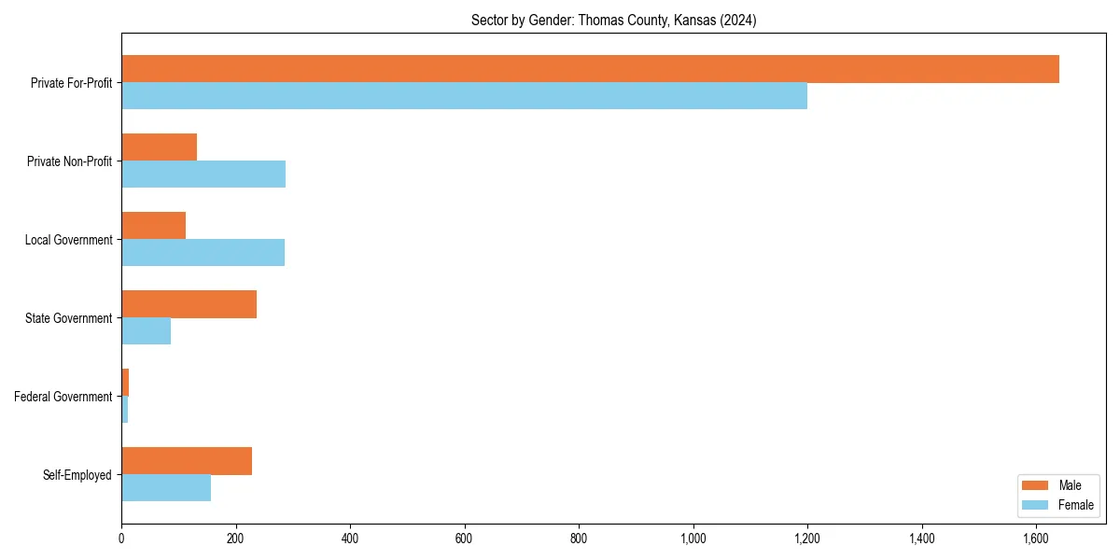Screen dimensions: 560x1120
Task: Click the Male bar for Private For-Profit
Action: click(590, 69)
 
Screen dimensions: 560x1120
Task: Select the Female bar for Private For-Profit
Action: click(464, 96)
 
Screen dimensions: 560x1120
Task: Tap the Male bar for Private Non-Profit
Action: click(159, 147)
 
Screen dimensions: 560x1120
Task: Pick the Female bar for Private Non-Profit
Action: click(203, 175)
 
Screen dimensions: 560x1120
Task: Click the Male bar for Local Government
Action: click(153, 226)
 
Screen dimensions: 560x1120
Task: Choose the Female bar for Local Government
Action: click(203, 253)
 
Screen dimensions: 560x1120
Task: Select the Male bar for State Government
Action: click(189, 304)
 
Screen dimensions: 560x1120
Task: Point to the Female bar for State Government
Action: click(146, 331)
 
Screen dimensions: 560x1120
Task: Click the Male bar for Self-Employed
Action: click(187, 461)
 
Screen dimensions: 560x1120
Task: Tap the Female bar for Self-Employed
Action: click(166, 488)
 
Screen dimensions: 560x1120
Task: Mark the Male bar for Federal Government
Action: click(125, 383)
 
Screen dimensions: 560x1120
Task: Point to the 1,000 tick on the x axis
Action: click(693, 539)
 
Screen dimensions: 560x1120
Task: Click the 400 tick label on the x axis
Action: click(350, 539)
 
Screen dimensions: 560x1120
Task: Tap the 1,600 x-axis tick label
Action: click(1036, 539)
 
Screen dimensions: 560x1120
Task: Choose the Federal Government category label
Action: click(63, 397)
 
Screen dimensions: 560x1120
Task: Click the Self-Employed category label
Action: click(77, 475)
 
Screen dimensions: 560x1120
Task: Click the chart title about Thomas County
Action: click(613, 20)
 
